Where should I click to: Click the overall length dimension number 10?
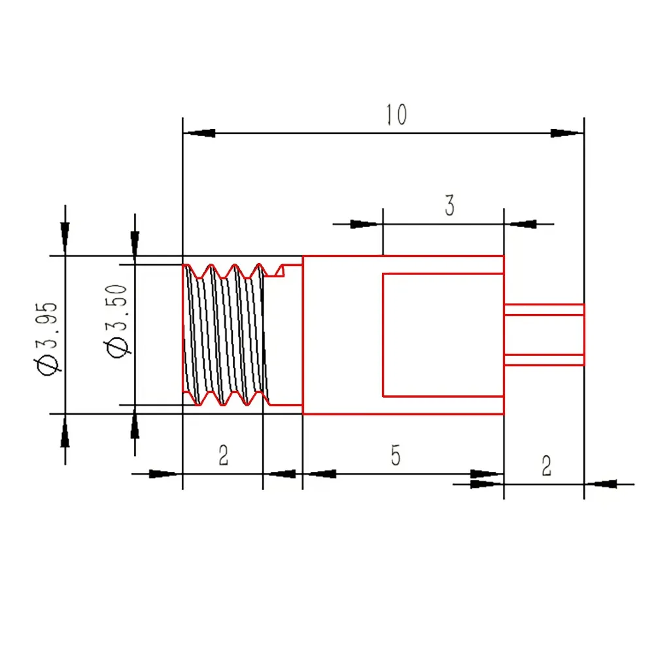(x=396, y=115)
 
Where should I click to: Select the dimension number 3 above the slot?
(x=449, y=206)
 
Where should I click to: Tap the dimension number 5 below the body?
(x=395, y=456)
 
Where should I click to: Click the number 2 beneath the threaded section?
(x=223, y=456)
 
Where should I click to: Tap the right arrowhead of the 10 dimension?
(x=566, y=133)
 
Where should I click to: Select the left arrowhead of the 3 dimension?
(x=365, y=224)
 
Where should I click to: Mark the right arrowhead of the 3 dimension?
(x=523, y=224)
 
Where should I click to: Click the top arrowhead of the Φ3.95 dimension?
(x=65, y=236)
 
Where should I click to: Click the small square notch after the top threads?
(x=284, y=269)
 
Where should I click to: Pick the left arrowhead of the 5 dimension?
(x=320, y=473)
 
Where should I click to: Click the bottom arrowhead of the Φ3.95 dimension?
(x=65, y=432)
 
